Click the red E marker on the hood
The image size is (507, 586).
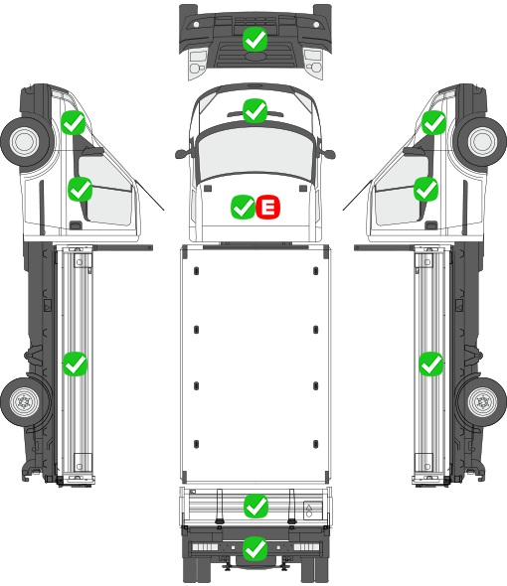coord(267,207)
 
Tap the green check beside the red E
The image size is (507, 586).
coord(244,207)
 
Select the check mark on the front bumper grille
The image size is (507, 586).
coord(254,39)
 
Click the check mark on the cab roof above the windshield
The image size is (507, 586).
coord(254,110)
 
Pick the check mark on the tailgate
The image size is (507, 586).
coord(255,506)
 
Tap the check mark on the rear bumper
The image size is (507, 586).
coord(255,548)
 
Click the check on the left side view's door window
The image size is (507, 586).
coord(80,189)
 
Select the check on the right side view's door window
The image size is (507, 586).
coord(425,189)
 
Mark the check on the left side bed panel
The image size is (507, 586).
coord(75,364)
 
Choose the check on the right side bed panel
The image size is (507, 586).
coord(431,364)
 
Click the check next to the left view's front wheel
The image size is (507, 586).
coord(74,122)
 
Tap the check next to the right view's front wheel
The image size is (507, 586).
coord(434,122)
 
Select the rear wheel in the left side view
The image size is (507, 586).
coord(25,401)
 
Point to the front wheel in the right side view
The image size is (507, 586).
coord(482,142)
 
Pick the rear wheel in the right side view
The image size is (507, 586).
coord(482,401)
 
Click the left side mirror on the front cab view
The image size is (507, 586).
coord(183,154)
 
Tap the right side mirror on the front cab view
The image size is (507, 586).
coord(327,154)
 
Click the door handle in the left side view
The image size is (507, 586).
coord(76,225)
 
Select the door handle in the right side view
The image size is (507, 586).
coord(431,225)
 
